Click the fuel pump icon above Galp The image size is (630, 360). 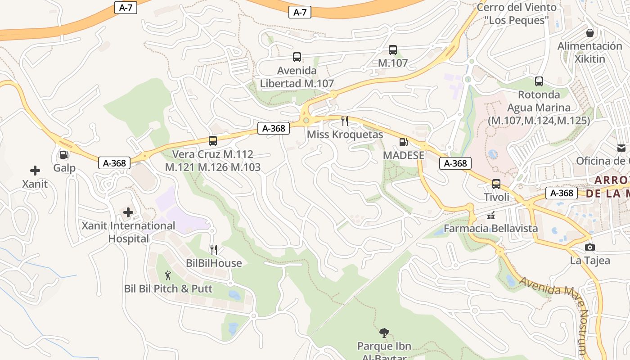(64, 155)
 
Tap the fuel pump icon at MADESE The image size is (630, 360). (404, 143)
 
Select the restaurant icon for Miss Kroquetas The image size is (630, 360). (345, 121)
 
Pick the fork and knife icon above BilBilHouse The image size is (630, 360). (214, 249)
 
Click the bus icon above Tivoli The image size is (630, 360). (496, 184)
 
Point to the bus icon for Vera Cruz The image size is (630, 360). (213, 141)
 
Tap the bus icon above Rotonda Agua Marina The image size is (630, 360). (539, 81)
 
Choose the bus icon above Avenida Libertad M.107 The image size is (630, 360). (297, 57)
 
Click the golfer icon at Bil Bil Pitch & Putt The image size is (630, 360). (168, 275)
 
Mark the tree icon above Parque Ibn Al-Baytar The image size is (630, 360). (384, 333)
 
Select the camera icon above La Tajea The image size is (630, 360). (590, 247)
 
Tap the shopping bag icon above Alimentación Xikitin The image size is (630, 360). (590, 33)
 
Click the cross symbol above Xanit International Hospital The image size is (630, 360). (128, 212)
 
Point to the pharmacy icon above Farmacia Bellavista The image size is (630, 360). (491, 215)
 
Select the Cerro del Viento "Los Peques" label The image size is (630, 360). (517, 13)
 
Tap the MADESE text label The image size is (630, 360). (404, 155)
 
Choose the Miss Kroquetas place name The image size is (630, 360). (345, 135)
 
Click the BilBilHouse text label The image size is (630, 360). (214, 263)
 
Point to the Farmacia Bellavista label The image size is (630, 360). (491, 228)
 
